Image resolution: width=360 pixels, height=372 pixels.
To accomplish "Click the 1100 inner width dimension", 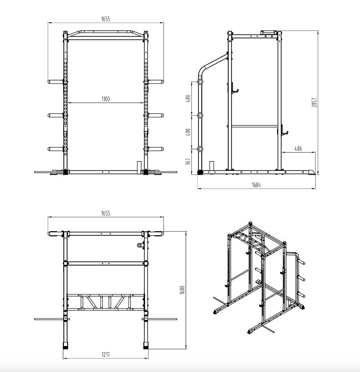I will point(105,99).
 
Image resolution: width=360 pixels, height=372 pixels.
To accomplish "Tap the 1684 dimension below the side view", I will point(256,185).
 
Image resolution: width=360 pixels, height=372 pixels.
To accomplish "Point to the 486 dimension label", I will point(299,148).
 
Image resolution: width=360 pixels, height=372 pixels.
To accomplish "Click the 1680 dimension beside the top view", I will point(181,289).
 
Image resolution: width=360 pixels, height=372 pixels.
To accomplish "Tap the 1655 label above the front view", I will point(105,19).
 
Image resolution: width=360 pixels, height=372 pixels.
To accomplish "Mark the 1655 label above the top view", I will point(105,213).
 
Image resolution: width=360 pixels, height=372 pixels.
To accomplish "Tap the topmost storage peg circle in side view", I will point(200,82).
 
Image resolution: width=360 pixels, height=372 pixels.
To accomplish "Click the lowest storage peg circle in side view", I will point(200,149).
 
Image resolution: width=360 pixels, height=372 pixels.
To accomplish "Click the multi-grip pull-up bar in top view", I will point(105,302).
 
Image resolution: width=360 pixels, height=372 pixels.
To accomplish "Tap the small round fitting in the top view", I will point(140,245).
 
